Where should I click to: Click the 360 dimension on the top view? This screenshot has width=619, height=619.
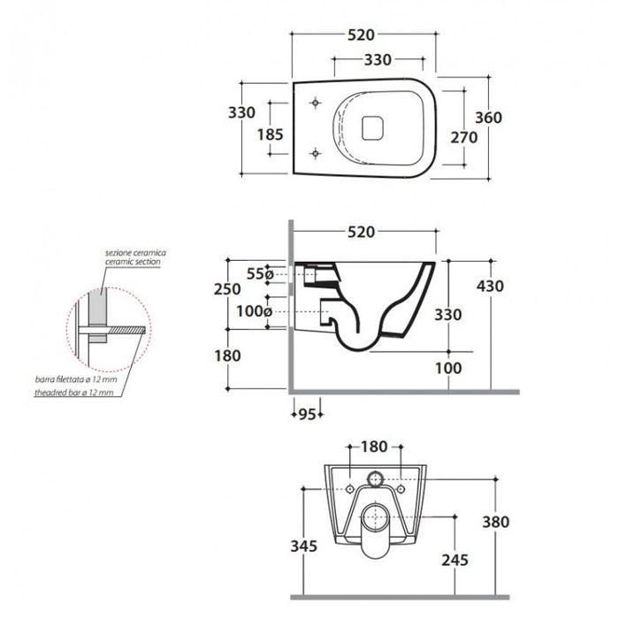tap(488, 118)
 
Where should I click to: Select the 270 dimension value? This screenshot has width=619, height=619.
tap(464, 137)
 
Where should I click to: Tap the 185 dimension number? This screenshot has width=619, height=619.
tap(271, 134)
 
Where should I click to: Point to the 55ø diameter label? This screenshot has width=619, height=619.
tap(260, 273)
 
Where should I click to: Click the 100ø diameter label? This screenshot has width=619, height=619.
tap(255, 311)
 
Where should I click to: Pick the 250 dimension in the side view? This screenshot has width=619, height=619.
tap(227, 289)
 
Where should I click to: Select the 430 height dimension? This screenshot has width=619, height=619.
tap(490, 286)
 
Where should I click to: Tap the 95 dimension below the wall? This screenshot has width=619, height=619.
tap(308, 415)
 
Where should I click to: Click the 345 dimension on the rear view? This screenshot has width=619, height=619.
tap(304, 546)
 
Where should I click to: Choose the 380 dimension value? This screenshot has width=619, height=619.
tap(496, 522)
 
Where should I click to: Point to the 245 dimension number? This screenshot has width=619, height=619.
tap(455, 560)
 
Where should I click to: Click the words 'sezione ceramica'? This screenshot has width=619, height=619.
tap(136, 253)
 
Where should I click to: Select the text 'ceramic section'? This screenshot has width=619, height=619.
tap(133, 262)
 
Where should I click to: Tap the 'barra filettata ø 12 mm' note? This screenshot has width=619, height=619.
tap(76, 379)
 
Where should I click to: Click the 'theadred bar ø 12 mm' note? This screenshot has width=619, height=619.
tap(73, 393)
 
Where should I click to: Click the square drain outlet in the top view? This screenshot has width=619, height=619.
tap(372, 127)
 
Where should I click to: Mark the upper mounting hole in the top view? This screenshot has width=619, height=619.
tap(316, 103)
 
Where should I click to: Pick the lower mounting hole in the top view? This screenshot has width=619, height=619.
tap(316, 153)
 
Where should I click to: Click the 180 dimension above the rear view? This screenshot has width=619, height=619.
tap(374, 447)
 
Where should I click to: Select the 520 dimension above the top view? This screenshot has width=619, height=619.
tap(361, 34)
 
